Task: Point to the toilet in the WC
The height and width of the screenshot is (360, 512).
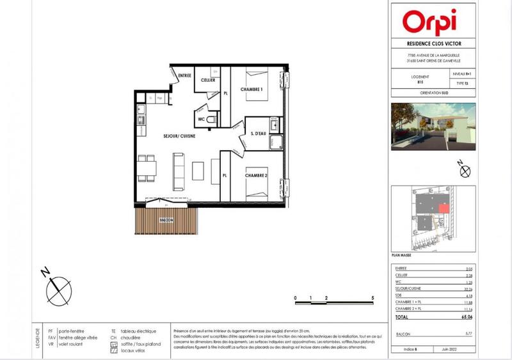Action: click(213, 119)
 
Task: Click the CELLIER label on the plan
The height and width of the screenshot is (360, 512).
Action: click(207, 81)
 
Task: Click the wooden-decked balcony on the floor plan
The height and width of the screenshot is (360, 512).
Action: click(165, 223)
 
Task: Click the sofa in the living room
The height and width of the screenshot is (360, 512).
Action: click(179, 171)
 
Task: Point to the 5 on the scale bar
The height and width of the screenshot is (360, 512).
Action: click(372, 299)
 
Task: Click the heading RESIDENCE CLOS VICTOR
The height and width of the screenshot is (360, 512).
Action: click(433, 44)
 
